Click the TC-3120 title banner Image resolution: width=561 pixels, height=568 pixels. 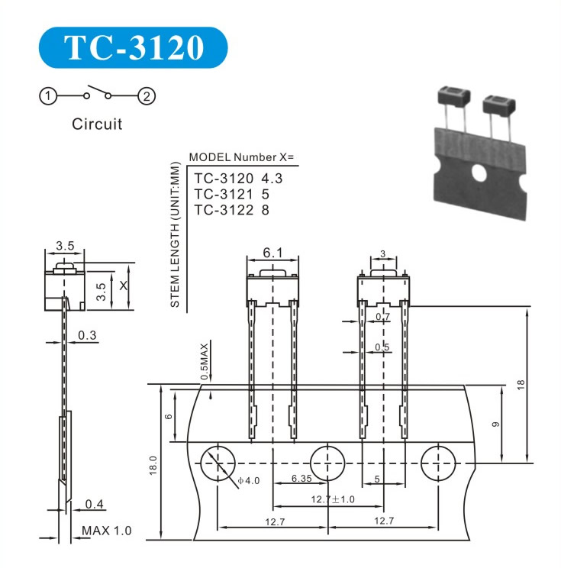click(133, 47)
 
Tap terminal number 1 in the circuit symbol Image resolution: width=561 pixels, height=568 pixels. click(48, 96)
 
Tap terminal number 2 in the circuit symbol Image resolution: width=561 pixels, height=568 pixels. click(147, 96)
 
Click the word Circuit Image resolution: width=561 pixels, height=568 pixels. click(97, 124)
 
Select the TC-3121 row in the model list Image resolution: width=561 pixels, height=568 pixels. click(232, 194)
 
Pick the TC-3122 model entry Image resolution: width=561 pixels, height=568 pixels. click(232, 210)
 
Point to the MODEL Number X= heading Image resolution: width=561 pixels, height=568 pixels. click(241, 157)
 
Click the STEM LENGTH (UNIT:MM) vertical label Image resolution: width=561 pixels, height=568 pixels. click(175, 234)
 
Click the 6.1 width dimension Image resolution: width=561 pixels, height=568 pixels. click(272, 253)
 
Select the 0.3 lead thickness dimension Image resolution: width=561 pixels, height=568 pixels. click(87, 335)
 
